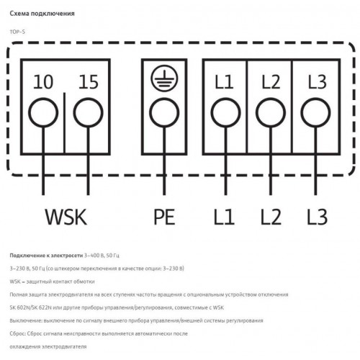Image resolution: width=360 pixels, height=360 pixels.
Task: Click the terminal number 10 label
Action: tap(43, 82)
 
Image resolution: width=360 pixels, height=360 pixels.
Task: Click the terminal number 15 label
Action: tap(89, 82)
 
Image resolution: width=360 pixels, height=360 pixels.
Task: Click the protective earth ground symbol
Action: tap(164, 78)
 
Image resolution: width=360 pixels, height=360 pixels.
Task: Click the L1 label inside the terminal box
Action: tap(224, 82)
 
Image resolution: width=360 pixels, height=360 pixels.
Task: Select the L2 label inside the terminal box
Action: tap(271, 82)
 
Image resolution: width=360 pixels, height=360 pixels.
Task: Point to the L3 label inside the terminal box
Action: tap(317, 82)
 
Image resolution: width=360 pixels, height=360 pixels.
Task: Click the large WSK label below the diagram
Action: tap(66, 217)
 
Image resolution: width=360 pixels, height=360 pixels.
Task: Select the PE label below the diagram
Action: tap(164, 217)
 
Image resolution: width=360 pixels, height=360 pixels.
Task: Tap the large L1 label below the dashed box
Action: tap(224, 217)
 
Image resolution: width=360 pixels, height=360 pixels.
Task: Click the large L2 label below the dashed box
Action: tap(271, 217)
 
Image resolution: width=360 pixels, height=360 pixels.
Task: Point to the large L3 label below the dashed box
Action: tap(318, 217)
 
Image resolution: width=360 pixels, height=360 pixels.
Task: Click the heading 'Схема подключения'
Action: tap(42, 14)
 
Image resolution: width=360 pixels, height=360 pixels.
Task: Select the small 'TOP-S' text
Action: tap(17, 32)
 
